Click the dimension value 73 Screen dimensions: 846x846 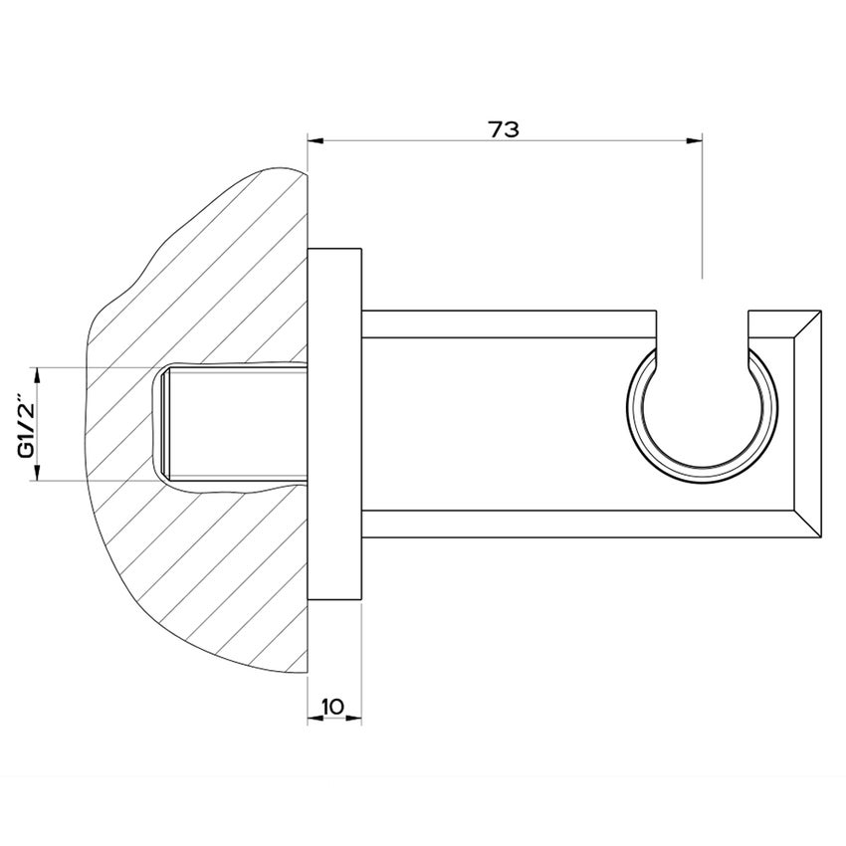(x=505, y=129)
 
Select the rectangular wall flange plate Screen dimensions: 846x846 (x=334, y=423)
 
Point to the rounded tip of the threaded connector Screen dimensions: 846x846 (x=162, y=423)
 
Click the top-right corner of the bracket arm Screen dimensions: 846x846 (x=820, y=312)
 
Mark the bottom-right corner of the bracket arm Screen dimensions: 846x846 (x=820, y=536)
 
